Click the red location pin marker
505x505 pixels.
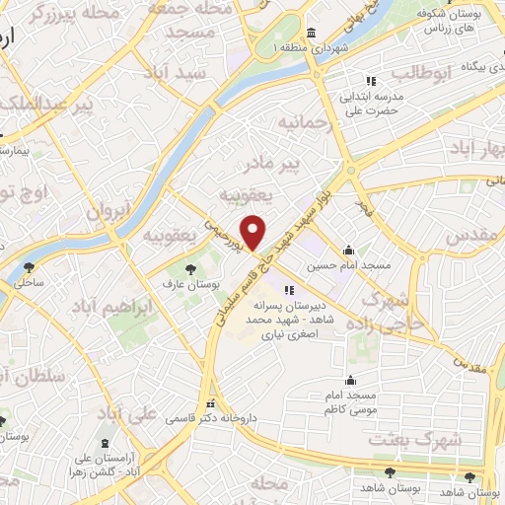(x=253, y=233)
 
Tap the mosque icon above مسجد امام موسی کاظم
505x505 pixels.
(x=350, y=380)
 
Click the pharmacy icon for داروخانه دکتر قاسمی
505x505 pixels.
(x=209, y=404)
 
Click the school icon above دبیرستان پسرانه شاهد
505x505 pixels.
(x=289, y=290)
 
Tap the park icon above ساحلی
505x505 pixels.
(x=28, y=266)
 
